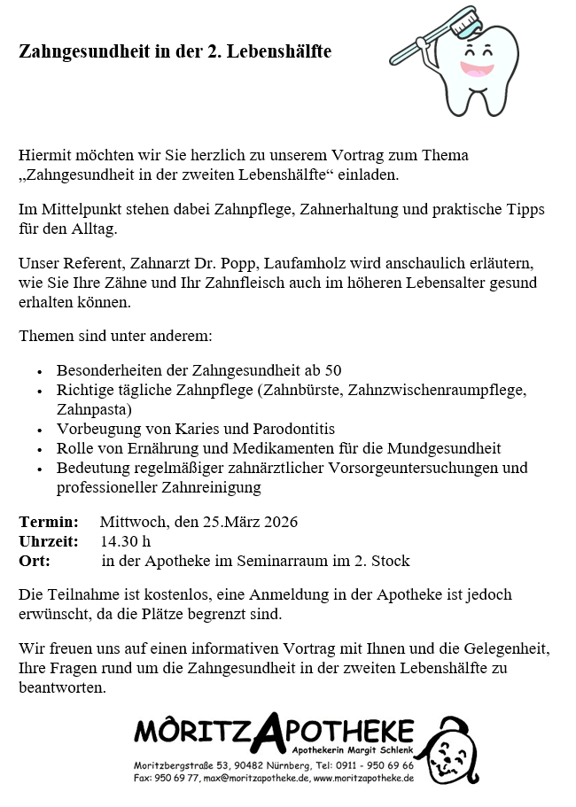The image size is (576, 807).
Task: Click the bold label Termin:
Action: click(x=49, y=521)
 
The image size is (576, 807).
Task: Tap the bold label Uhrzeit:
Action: click(x=49, y=540)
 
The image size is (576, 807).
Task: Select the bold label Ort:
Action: click(x=35, y=560)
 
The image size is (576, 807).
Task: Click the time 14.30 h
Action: click(x=125, y=540)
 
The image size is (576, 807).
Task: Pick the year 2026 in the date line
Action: click(x=279, y=521)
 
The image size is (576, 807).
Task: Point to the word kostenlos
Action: click(x=177, y=594)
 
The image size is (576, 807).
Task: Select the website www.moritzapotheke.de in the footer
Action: click(x=364, y=778)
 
